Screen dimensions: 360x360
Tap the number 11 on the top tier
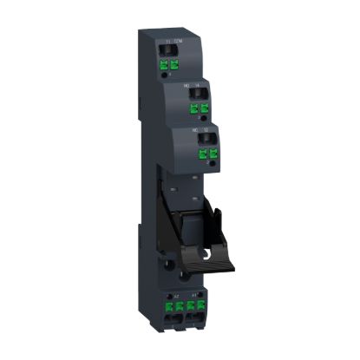[167, 42]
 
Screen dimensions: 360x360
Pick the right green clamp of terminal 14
[206, 109]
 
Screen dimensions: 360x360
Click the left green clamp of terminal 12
[202, 152]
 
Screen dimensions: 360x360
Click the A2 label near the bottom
[178, 297]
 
